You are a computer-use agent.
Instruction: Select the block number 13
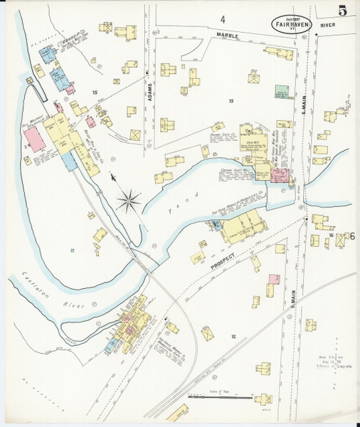(231, 101)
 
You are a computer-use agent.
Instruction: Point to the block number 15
(94, 93)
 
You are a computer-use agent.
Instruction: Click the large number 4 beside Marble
(222, 19)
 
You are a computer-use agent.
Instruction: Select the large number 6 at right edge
(351, 238)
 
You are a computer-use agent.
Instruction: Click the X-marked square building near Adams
(135, 134)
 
